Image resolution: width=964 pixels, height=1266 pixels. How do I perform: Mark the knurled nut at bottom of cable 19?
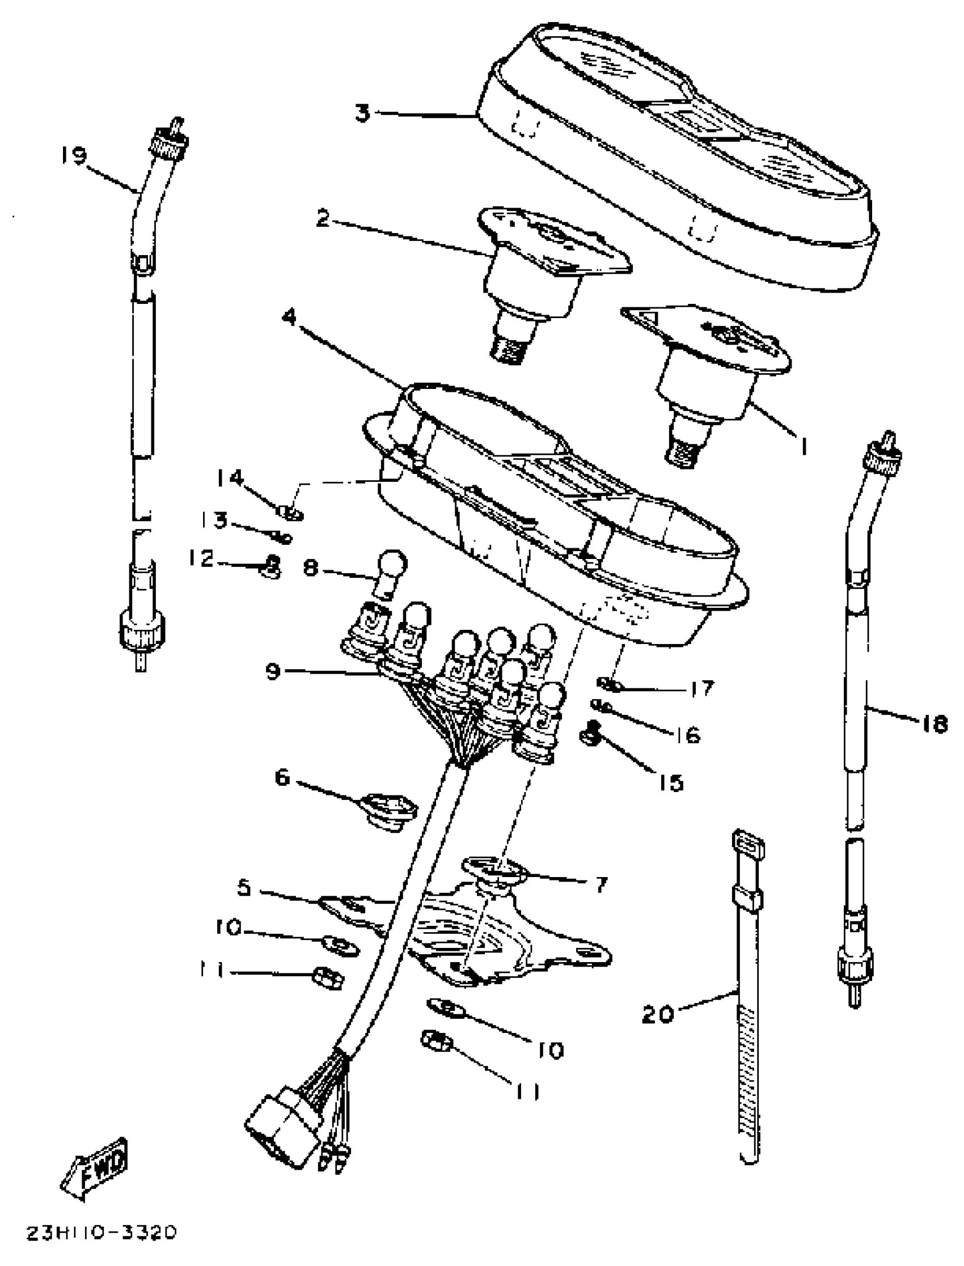click(140, 632)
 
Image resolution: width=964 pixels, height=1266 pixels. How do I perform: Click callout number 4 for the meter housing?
click(291, 317)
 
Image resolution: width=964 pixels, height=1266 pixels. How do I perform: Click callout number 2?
click(323, 218)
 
